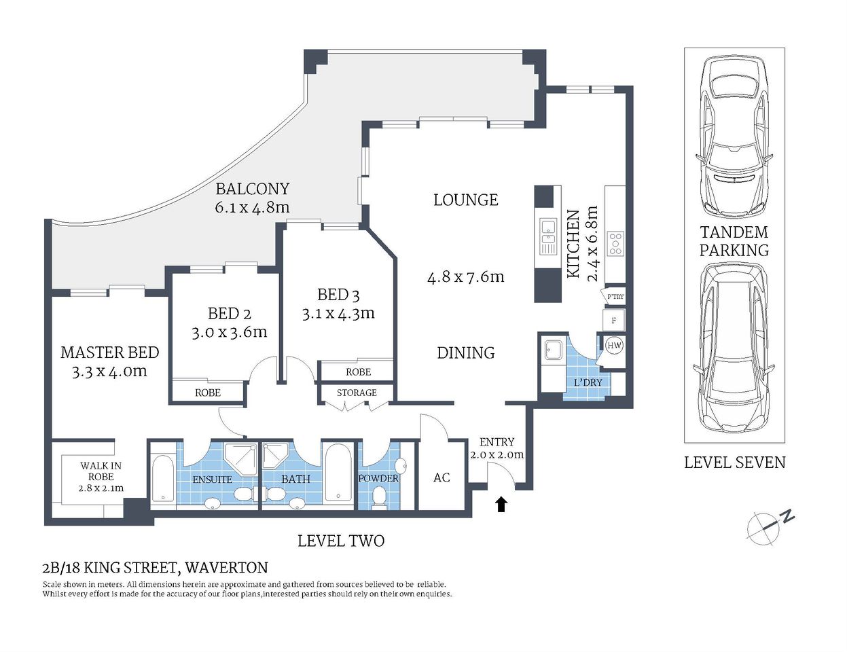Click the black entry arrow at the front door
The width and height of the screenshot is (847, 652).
(x=501, y=504)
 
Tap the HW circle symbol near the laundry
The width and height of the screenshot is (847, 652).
(x=614, y=345)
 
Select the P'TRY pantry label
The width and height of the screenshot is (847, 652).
(x=615, y=297)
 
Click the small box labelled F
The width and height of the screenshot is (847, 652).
(x=614, y=320)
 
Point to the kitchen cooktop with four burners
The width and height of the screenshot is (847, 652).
(x=615, y=243)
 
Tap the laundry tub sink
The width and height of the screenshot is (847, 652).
(x=551, y=350)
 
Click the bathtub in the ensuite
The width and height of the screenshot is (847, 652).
(x=163, y=479)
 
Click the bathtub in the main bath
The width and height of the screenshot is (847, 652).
(x=338, y=473)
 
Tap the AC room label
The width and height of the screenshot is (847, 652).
(x=441, y=477)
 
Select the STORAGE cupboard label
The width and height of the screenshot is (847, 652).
(x=357, y=393)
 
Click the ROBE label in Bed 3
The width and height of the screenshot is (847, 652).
(x=358, y=372)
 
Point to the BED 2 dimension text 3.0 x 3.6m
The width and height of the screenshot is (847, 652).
(x=229, y=332)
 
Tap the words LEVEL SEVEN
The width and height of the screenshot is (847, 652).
(x=734, y=463)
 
